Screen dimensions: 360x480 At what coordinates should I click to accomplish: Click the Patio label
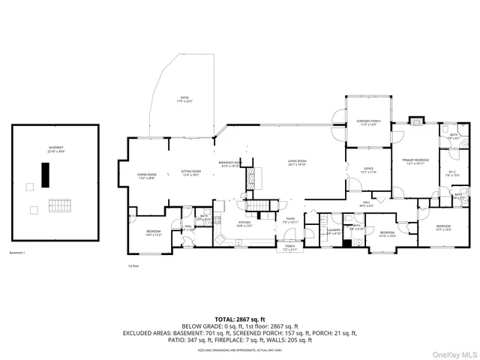pos(185,99)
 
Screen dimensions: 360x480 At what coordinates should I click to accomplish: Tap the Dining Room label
pos(146,176)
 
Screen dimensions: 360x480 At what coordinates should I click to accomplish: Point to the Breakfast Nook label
pos(229,164)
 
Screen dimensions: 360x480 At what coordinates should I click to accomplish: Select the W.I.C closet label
pos(452,174)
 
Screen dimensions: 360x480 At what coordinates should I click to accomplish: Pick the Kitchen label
pos(244,223)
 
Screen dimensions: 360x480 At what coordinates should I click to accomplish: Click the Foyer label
pos(291,220)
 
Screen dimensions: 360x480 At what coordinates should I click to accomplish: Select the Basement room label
pos(56,149)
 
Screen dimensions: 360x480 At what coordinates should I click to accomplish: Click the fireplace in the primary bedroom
pos(417,120)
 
